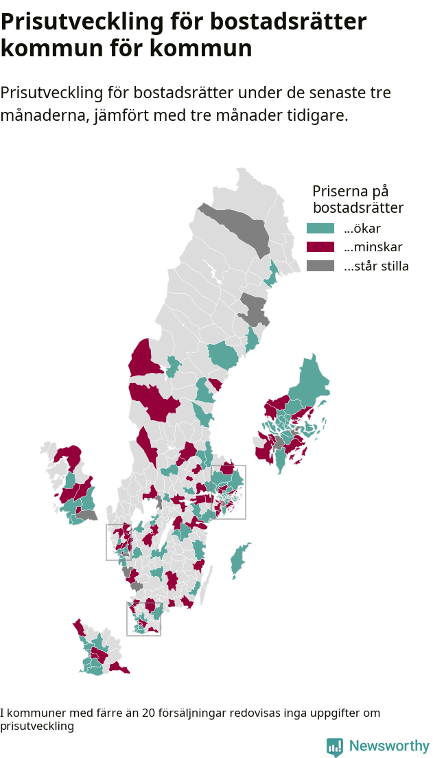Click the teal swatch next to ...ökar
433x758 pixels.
320,229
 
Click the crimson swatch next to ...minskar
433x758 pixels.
320,247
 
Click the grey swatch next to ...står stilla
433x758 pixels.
320,266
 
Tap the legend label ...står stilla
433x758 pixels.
376,266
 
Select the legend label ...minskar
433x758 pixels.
373,247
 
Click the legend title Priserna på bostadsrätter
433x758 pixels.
357,199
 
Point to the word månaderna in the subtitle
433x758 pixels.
43,115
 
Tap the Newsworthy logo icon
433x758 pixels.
335,747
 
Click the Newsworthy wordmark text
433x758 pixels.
389,746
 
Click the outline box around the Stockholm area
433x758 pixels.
245,492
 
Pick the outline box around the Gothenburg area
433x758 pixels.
107,542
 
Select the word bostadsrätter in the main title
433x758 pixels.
288,22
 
